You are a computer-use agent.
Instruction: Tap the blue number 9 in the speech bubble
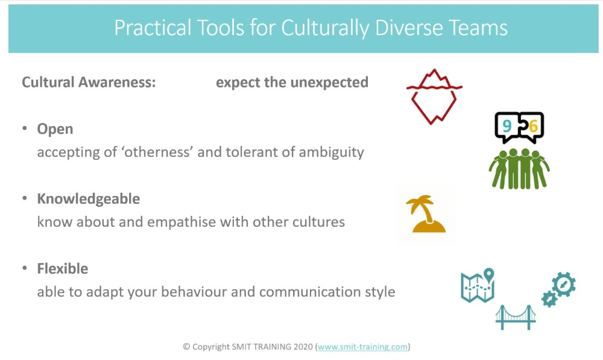tap(507, 126)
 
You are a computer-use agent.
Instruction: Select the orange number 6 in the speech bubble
tap(533, 126)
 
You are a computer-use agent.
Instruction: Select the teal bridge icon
tap(516, 318)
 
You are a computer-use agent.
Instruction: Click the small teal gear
tap(549, 298)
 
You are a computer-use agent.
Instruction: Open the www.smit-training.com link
tap(362, 347)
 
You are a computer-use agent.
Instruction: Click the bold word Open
tap(55, 129)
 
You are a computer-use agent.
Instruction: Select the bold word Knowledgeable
tap(89, 199)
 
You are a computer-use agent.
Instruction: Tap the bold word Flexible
tap(62, 268)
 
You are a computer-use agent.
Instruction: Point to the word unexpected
tap(329, 82)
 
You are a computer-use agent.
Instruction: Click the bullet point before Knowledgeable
tap(25, 198)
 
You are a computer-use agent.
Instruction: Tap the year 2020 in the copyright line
tap(303, 347)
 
